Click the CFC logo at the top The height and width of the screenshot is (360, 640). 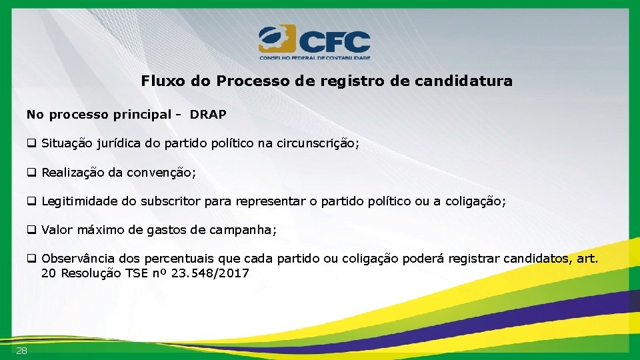[314, 42]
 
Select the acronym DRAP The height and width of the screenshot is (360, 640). [208, 115]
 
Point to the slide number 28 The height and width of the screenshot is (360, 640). [22, 351]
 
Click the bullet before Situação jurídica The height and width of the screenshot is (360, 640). [31, 143]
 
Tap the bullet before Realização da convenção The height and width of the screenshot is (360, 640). [31, 173]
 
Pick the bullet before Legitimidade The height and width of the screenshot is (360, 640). [31, 201]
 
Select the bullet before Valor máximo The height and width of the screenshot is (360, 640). [31, 230]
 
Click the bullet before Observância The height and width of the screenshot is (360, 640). [31, 259]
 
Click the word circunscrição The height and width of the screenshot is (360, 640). [319, 143]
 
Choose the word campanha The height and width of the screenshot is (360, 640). [242, 230]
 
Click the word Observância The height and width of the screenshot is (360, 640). [78, 259]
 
